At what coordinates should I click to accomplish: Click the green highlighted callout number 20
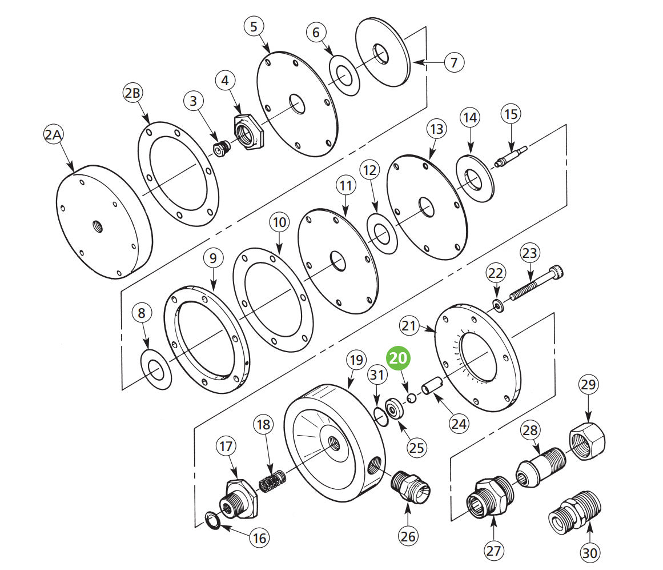pos(399,358)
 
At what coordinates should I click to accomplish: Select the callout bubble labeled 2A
pos(55,135)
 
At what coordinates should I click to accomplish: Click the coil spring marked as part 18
pos(272,479)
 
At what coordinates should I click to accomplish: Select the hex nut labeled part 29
pos(587,440)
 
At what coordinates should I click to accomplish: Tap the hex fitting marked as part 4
pos(249,131)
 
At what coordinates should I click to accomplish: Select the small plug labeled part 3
pos(220,149)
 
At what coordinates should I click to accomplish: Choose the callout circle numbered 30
pos(590,553)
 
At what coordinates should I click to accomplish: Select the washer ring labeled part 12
pos(382,233)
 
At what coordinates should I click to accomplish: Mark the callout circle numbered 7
pos(453,62)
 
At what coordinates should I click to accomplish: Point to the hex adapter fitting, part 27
pos(491,498)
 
